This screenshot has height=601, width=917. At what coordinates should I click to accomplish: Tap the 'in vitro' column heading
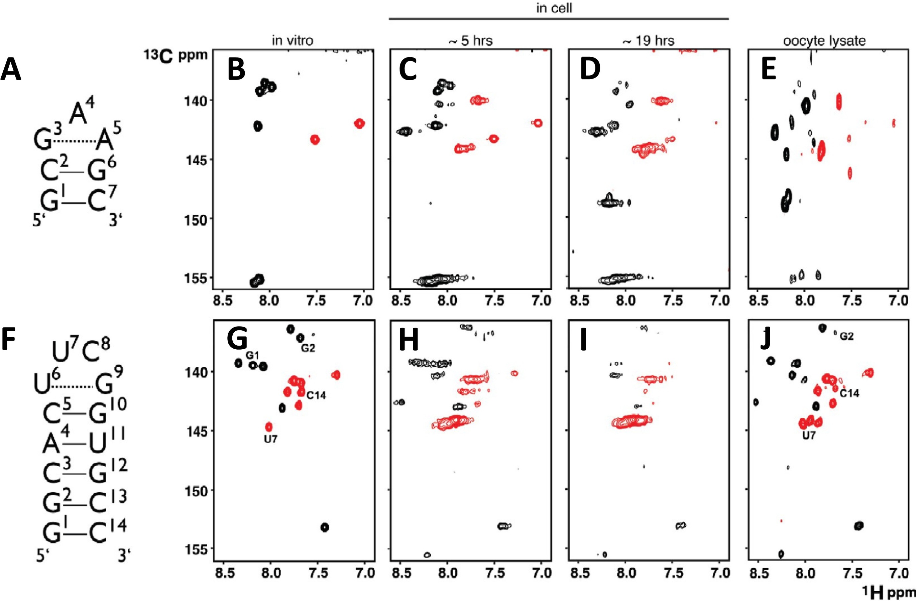click(293, 40)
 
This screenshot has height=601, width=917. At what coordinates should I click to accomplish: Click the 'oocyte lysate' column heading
click(824, 41)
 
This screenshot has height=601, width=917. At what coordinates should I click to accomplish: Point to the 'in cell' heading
click(554, 8)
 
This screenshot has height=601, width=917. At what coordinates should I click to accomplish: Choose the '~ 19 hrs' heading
click(649, 41)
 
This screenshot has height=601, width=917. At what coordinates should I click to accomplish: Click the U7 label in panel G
click(270, 439)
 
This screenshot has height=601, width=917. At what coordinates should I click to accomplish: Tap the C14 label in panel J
click(849, 393)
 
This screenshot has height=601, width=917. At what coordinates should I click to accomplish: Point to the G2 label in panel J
click(846, 336)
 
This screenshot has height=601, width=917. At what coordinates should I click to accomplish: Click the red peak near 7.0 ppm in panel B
click(359, 124)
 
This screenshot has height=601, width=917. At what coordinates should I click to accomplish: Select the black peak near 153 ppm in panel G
click(325, 527)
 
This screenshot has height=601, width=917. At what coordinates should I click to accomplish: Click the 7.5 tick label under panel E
click(852, 300)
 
